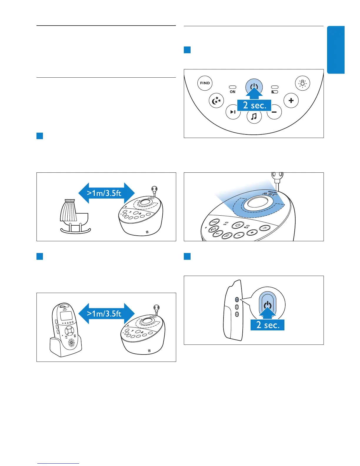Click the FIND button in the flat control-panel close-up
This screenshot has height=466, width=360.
(x=205, y=83)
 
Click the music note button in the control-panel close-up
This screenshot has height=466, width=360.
(x=254, y=116)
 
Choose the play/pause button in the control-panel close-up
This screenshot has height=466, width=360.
(x=233, y=112)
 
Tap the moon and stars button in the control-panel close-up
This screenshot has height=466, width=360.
(x=216, y=101)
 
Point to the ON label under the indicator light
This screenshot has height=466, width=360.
(x=232, y=92)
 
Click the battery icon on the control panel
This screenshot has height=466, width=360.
(x=275, y=92)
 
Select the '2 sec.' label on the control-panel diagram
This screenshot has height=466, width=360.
(x=254, y=105)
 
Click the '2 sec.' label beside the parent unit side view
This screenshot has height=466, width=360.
(x=267, y=325)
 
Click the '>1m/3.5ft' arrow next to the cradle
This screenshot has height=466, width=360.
(x=106, y=193)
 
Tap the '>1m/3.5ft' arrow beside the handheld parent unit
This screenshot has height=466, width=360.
(x=106, y=314)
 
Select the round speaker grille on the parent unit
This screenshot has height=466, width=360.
(x=71, y=342)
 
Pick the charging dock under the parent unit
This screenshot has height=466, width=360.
(x=65, y=350)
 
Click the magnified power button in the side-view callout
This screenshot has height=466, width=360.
(x=267, y=304)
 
